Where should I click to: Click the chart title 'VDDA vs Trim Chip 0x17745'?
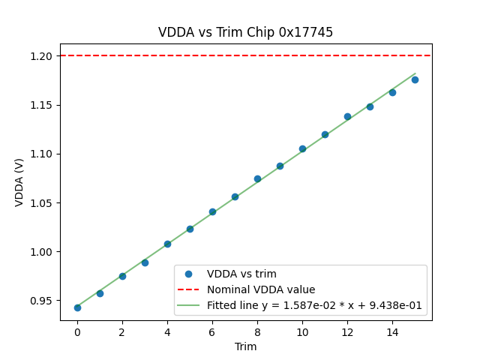(245, 32)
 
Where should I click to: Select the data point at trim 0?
(77, 307)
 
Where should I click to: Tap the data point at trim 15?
(415, 79)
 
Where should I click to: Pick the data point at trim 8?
(257, 178)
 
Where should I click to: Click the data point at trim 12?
(347, 116)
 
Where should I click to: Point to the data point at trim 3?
(145, 262)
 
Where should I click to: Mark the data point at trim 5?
(190, 229)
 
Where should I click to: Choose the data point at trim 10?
(302, 148)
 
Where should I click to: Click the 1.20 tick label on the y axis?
(42, 56)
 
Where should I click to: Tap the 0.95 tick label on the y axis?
(42, 301)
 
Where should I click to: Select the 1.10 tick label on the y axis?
(42, 154)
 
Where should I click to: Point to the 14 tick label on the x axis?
(392, 331)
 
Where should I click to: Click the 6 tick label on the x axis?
(212, 331)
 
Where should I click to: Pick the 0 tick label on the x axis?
(77, 331)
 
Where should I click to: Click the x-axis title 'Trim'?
(245, 346)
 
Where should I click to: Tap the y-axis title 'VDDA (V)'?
(19, 182)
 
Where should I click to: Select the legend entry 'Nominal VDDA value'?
(261, 289)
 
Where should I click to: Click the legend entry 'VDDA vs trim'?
(241, 274)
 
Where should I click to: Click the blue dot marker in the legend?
(190, 274)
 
